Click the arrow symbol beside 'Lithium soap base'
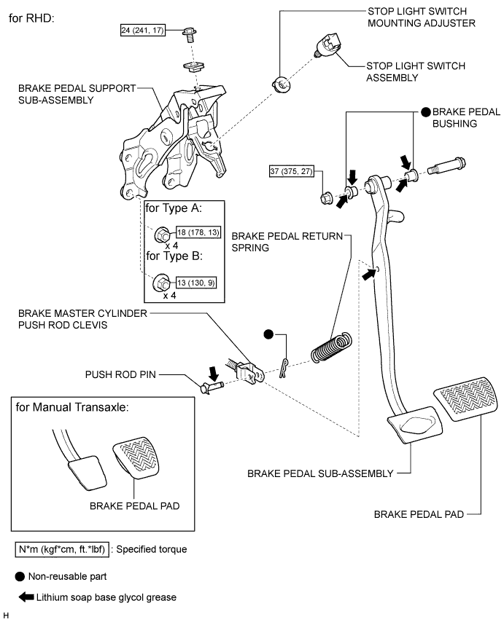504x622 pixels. tap(26, 598)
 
